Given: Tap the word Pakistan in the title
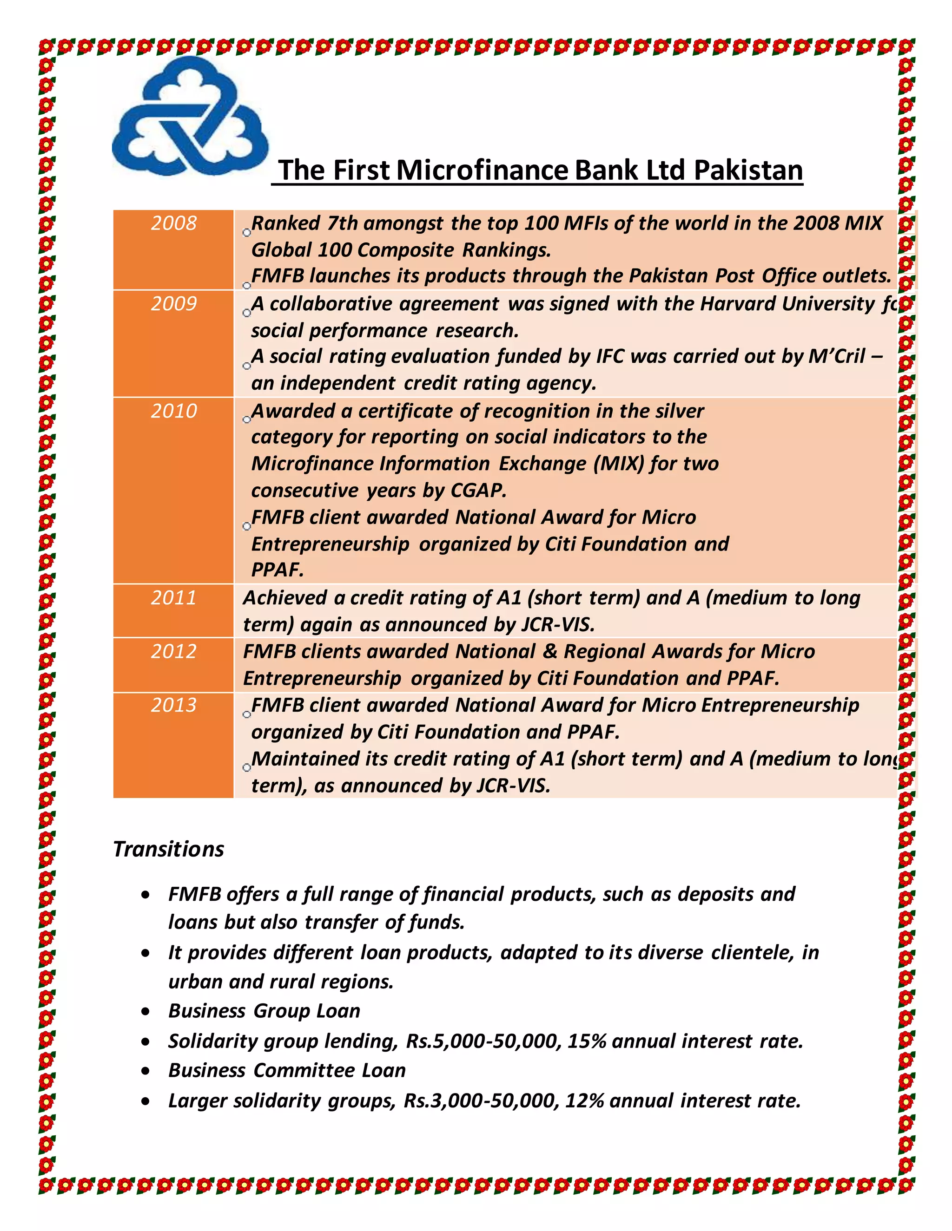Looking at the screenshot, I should pos(748,170).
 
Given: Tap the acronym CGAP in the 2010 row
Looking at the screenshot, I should pos(478,491).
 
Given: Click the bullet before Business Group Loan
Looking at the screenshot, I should pos(146,1012).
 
